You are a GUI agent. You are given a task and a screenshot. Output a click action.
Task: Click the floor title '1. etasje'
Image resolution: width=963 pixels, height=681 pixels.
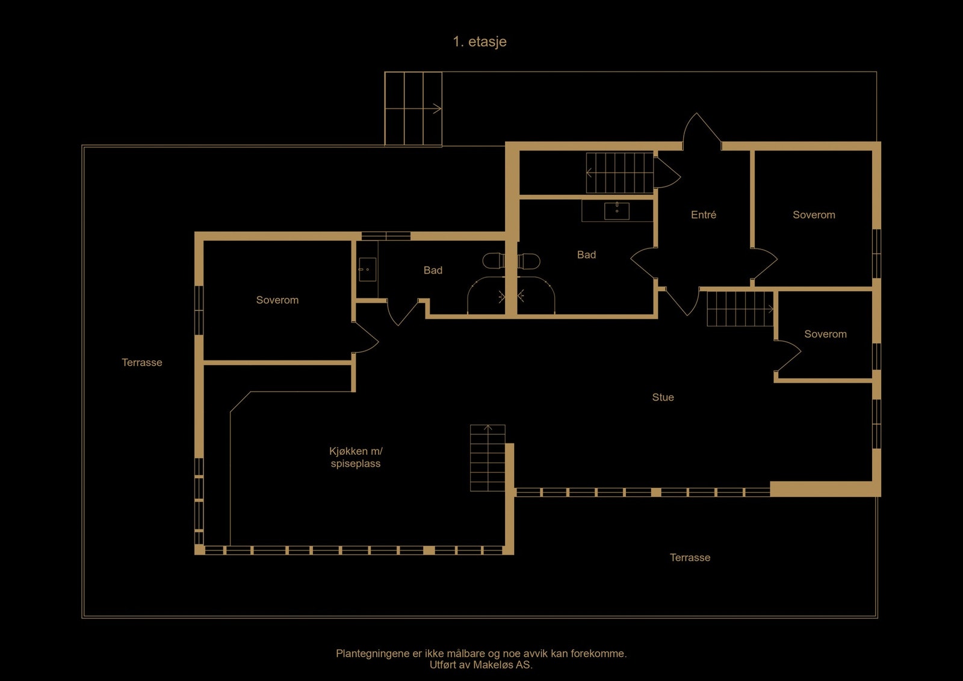[x=480, y=42]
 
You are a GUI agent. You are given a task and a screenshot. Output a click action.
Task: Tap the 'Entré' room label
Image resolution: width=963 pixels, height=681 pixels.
[x=704, y=214]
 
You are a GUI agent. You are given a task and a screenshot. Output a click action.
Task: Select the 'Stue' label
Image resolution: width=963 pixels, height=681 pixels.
[x=663, y=397]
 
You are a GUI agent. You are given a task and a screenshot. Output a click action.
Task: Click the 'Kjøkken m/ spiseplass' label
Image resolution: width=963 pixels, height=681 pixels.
[x=356, y=457]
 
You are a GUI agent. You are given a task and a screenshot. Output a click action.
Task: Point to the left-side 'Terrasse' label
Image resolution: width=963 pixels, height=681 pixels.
[x=142, y=362]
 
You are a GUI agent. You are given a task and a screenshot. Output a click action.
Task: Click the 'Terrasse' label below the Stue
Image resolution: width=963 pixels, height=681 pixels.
[x=690, y=557]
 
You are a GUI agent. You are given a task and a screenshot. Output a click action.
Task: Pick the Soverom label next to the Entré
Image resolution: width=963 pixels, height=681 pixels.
[x=814, y=215]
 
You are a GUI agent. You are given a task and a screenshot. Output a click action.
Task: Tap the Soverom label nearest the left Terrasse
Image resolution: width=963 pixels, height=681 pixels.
[x=277, y=300]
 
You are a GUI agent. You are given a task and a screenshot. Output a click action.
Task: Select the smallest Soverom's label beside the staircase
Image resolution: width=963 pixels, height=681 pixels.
[x=825, y=334]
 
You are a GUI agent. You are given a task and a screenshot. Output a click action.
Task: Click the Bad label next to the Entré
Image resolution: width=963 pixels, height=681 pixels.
[x=586, y=255]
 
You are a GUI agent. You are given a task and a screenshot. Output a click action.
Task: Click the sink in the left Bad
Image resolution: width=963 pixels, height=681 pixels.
[x=368, y=270]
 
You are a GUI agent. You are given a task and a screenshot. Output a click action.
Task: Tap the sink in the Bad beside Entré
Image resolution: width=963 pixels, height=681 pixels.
[x=617, y=211]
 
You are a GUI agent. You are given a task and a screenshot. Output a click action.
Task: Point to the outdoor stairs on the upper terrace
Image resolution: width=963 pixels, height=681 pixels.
[x=413, y=109]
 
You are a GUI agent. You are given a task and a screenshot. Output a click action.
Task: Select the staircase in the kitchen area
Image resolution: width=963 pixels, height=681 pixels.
[x=488, y=458]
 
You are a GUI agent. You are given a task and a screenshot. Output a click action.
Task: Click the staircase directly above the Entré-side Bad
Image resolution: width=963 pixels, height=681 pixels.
[x=620, y=173]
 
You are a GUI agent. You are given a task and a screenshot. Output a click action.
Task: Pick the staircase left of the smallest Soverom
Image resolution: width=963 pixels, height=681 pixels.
[x=740, y=309]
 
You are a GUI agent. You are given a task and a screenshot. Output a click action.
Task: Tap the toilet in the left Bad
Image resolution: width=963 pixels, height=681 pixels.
[x=494, y=261]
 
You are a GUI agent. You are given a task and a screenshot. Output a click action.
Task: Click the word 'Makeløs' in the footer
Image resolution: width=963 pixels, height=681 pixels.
[x=491, y=665]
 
